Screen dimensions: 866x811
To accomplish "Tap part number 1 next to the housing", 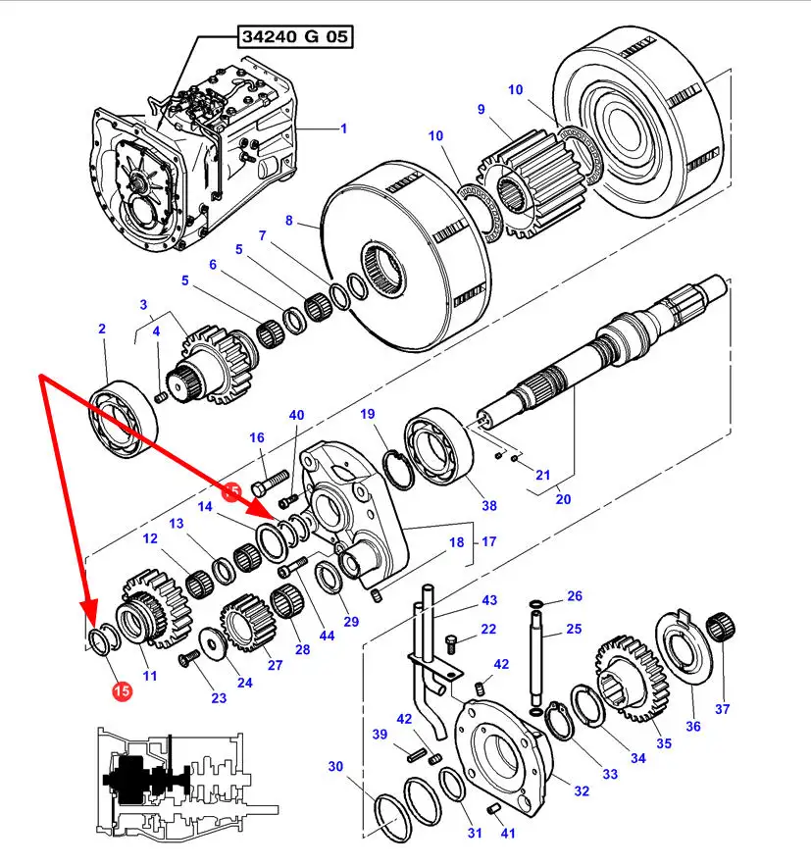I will pyautogui.click(x=343, y=127).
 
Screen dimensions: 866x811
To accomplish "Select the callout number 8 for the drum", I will pyautogui.click(x=288, y=222).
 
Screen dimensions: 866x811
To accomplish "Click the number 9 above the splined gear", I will pyautogui.click(x=481, y=109).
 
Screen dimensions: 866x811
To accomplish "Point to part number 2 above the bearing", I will pyautogui.click(x=102, y=330).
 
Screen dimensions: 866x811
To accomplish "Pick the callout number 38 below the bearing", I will pyautogui.click(x=488, y=506).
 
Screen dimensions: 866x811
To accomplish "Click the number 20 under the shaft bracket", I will pyautogui.click(x=563, y=498).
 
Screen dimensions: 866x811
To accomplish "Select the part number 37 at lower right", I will pyautogui.click(x=723, y=709).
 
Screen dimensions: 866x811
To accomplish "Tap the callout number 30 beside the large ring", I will pyautogui.click(x=335, y=766).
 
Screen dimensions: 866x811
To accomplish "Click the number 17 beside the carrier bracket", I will pyautogui.click(x=489, y=540).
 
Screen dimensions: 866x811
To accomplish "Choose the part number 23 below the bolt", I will pyautogui.click(x=218, y=697).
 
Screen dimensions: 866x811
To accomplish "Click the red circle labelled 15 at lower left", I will pyautogui.click(x=122, y=691).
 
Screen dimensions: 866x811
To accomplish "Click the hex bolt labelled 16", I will pyautogui.click(x=269, y=484).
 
